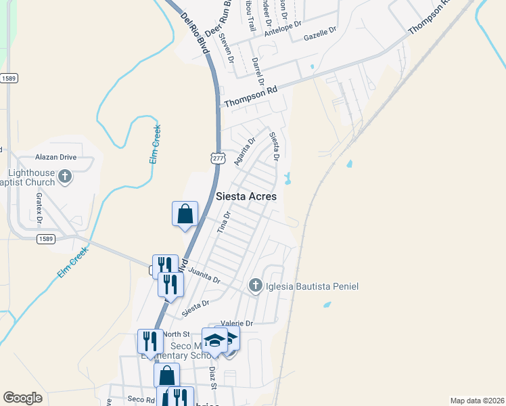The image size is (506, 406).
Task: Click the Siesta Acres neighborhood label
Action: (x=246, y=196)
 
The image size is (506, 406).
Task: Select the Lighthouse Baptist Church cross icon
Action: (x=65, y=177)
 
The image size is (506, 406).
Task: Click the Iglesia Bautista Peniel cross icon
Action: (x=256, y=286)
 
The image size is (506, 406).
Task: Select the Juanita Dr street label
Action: (x=205, y=275)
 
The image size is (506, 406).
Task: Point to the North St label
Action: (x=177, y=334)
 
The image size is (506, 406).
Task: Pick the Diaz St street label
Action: (x=212, y=378)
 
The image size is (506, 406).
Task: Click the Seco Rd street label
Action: (x=137, y=399)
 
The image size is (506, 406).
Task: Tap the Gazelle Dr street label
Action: (x=320, y=34)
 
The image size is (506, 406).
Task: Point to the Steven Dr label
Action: (x=226, y=48)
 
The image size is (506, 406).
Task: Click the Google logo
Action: (x=22, y=398)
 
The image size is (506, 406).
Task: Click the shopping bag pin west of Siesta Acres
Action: (x=185, y=215)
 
